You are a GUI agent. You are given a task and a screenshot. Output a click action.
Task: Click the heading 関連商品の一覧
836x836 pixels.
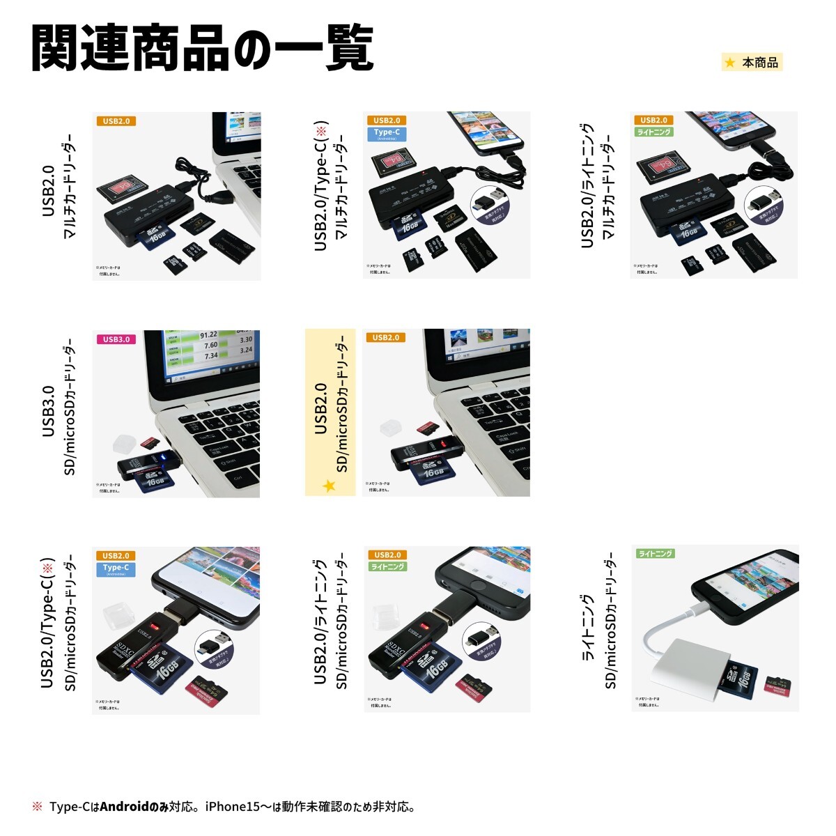click(x=202, y=49)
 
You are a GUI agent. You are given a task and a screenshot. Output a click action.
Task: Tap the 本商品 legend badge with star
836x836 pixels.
click(x=752, y=63)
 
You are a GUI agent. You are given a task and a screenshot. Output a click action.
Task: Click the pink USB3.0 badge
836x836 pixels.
click(x=116, y=339)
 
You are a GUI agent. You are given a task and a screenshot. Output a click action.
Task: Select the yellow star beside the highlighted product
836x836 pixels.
click(x=329, y=486)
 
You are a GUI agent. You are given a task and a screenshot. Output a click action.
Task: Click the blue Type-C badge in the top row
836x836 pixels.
click(x=387, y=134)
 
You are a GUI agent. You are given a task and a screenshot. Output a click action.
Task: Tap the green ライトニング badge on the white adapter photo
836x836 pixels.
click(x=655, y=554)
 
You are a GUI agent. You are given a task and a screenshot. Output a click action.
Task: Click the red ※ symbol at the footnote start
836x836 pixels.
click(x=38, y=807)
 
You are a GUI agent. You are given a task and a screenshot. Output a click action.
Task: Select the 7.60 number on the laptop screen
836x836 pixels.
click(x=210, y=346)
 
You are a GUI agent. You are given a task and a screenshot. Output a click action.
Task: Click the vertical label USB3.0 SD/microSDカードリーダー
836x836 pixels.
click(x=59, y=411)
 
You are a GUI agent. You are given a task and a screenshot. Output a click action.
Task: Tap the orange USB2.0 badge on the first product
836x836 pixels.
click(x=116, y=121)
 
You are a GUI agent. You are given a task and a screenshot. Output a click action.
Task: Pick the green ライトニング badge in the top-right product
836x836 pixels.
click(x=654, y=132)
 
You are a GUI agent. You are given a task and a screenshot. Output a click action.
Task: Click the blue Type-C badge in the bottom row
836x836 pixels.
click(x=116, y=569)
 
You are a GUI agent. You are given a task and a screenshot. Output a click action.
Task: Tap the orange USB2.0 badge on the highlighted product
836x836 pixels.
click(x=386, y=338)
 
